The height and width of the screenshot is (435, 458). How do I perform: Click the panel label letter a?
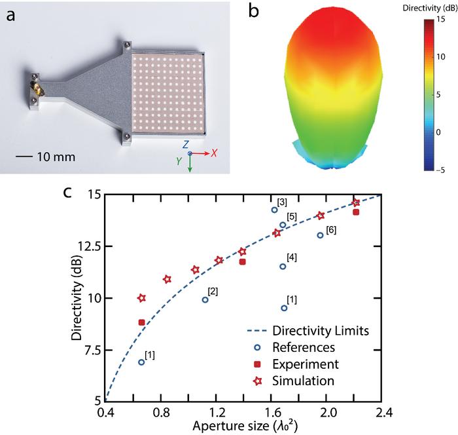(x=12, y=16)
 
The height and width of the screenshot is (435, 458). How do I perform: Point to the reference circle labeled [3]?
(x=274, y=210)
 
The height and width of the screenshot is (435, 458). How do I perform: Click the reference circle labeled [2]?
(x=205, y=300)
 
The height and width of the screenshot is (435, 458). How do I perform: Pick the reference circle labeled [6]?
(x=320, y=235)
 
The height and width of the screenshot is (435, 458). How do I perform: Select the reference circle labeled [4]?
(x=283, y=266)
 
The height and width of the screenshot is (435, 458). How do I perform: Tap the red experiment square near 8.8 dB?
(x=141, y=322)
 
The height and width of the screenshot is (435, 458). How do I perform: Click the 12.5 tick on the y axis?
(x=89, y=246)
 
